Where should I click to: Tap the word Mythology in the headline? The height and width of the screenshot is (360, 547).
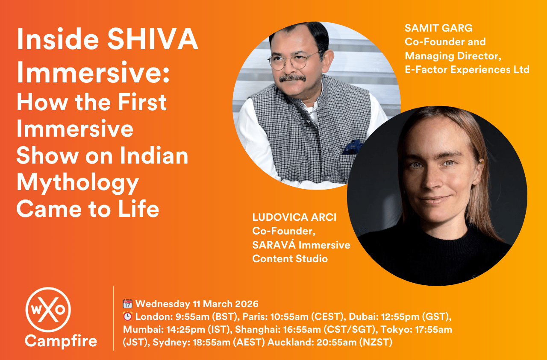[78, 183]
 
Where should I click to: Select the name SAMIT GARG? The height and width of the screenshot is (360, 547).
[438, 29]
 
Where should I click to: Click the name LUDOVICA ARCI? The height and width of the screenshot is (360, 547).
[294, 217]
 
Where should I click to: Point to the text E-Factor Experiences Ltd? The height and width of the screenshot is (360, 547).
[467, 69]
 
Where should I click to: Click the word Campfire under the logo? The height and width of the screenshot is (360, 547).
[61, 341]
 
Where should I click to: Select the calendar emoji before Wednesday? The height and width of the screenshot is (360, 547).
[128, 304]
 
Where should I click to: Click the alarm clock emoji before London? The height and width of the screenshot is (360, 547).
[128, 317]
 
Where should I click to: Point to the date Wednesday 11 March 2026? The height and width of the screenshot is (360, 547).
[197, 304]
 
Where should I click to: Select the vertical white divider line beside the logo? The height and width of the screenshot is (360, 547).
[114, 318]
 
